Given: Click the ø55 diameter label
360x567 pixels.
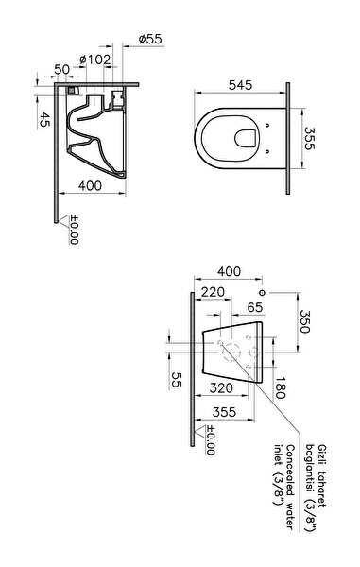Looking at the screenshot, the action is pos(150,39).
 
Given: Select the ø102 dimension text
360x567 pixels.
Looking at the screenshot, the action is pos(94,60).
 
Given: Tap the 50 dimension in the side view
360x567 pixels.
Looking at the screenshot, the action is pos(61,69).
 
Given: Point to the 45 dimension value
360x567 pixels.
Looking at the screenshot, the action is pos(44,119).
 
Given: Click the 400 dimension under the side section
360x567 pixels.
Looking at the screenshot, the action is pos(91,185).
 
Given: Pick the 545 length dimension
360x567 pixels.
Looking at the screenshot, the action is pos(240,85).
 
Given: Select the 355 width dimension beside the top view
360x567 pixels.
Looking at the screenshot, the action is pos(310,138).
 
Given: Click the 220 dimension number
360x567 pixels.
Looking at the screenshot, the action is pos(213,292).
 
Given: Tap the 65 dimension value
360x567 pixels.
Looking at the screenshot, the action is pos(255,307).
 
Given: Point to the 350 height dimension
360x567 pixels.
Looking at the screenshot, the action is pos(304,321).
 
